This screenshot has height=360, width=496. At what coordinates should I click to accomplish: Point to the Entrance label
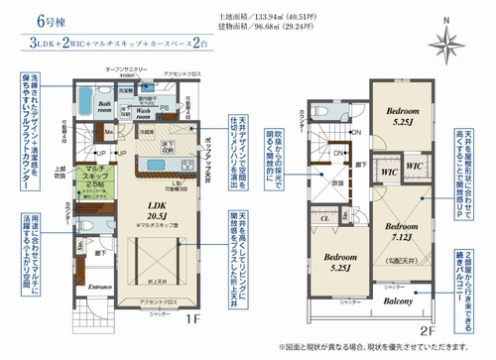(103, 288)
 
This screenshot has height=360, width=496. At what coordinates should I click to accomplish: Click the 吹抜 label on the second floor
(338, 183)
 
